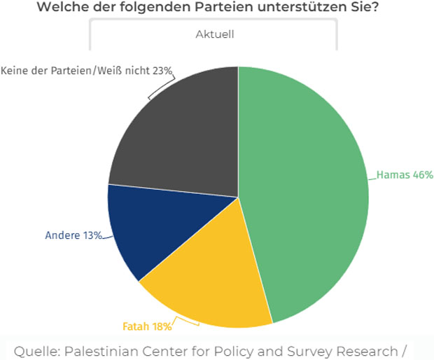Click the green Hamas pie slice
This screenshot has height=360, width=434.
pos(308,196)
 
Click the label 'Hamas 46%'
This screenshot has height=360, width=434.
pos(405,175)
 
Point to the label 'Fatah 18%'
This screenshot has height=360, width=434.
pos(143,326)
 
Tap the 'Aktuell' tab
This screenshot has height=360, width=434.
pos(213,34)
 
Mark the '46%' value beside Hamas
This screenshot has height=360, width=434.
pos(422,175)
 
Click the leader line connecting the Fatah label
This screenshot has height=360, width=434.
pos(183,321)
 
